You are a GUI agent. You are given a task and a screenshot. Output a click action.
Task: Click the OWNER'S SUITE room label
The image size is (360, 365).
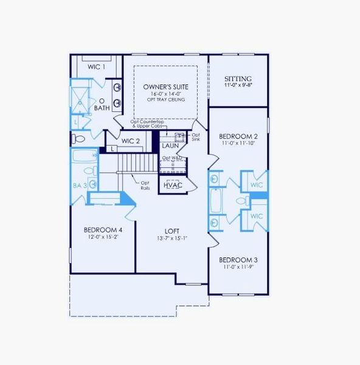tap(165, 87)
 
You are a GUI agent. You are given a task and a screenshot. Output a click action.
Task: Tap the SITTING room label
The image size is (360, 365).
tap(238, 79)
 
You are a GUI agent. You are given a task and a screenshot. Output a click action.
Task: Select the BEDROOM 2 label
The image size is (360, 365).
tap(238, 136)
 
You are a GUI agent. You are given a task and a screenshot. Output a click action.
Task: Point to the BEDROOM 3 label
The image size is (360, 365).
tap(238, 259)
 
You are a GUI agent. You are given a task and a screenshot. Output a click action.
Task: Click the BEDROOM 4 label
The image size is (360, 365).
tap(103, 229)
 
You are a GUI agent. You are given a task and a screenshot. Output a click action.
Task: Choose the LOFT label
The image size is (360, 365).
tap(172, 231)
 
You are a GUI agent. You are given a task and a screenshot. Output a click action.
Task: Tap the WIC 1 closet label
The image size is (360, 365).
tap(96, 66)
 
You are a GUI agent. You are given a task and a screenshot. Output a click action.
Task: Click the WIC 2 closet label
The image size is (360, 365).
tap(131, 141)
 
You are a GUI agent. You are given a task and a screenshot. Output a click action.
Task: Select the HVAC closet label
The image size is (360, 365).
tap(173, 185)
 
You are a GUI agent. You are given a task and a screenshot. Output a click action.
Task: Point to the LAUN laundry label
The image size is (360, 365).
tap(170, 146)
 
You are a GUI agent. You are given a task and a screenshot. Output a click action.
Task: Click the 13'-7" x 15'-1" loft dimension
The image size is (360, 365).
tap(172, 238)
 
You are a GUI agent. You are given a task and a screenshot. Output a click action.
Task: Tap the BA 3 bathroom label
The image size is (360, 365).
tap(78, 184)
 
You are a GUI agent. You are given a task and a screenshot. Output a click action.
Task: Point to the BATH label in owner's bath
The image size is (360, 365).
tap(102, 108)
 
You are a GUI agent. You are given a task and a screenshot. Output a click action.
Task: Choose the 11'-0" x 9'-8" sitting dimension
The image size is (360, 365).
tap(238, 86)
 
